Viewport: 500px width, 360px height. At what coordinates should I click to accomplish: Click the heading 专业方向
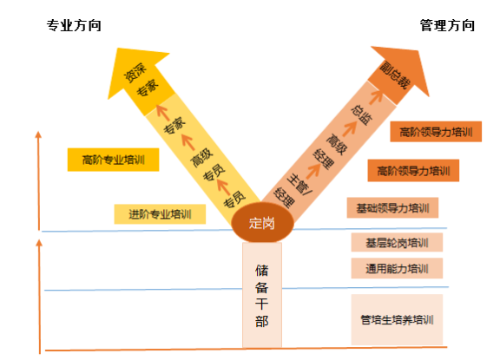click(x=74, y=25)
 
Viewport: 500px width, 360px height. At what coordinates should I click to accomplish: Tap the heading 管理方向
click(x=447, y=25)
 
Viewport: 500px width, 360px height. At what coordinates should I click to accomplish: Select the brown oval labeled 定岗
click(x=262, y=223)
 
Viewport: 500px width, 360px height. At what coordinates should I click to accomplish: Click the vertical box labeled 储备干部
click(x=262, y=295)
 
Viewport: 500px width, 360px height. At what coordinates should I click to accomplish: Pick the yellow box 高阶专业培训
click(x=113, y=160)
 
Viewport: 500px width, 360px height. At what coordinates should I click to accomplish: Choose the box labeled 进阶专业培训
click(x=160, y=214)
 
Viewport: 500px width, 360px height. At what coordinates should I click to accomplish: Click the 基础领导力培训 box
click(x=392, y=208)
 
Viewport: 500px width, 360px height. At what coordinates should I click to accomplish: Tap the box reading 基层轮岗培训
click(x=397, y=242)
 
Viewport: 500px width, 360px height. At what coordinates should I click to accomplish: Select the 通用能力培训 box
click(x=397, y=269)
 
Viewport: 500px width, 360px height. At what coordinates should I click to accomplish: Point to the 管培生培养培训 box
click(x=397, y=319)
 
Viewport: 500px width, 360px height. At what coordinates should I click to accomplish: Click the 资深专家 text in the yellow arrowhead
click(x=141, y=80)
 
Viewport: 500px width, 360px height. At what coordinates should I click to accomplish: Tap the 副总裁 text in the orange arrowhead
click(x=394, y=75)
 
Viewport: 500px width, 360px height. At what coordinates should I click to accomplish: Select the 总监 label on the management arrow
click(x=362, y=115)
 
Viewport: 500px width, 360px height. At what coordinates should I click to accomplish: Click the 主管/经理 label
click(x=293, y=191)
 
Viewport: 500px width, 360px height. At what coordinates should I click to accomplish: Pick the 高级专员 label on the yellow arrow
click(x=207, y=165)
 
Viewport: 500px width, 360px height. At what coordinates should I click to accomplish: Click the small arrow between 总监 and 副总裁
click(x=376, y=96)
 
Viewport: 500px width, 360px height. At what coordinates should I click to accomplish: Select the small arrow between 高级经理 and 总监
click(x=350, y=128)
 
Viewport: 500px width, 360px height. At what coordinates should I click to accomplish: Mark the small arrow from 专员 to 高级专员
click(x=223, y=187)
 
